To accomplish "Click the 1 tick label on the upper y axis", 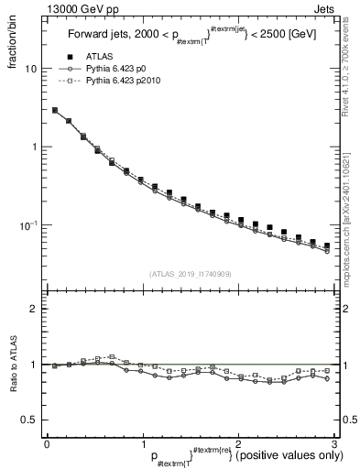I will click(x=33, y=147).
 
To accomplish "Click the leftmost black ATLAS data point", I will click(x=55, y=111).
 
